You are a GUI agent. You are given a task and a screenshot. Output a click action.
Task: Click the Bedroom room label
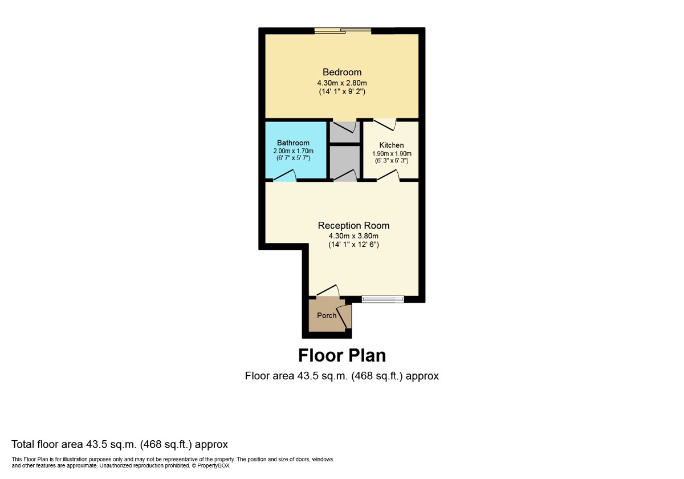[x=342, y=72]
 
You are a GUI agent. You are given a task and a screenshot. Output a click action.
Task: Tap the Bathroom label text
[x=293, y=143]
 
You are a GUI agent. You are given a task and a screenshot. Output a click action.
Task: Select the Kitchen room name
[x=392, y=145]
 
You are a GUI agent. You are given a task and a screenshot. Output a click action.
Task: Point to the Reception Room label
[x=353, y=226]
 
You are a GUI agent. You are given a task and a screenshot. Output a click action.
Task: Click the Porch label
[x=327, y=315]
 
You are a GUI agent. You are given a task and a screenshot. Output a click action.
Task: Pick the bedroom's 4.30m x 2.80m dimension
[x=342, y=83]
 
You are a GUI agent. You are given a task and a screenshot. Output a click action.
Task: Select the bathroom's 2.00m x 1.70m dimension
[x=293, y=151]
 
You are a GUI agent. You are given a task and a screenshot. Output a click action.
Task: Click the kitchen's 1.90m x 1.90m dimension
[x=392, y=153]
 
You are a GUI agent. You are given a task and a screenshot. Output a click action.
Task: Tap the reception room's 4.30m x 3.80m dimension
[x=353, y=236]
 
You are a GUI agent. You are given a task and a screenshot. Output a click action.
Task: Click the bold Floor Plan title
[x=342, y=356]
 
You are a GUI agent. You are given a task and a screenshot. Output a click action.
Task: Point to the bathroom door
[x=285, y=176]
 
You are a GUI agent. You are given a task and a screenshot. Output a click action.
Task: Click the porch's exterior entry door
[x=344, y=316]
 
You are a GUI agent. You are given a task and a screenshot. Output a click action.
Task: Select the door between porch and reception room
[x=328, y=290]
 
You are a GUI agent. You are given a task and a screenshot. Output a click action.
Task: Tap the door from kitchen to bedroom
[x=385, y=125]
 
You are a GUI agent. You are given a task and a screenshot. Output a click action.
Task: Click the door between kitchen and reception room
[x=388, y=176]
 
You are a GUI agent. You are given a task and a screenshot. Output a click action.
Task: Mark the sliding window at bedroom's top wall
[x=343, y=31]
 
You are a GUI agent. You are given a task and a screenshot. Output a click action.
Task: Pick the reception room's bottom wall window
[x=383, y=299]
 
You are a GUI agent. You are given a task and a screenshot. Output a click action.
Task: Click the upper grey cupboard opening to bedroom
[x=345, y=132]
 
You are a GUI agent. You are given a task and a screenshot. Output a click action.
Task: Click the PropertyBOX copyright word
[x=213, y=466]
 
